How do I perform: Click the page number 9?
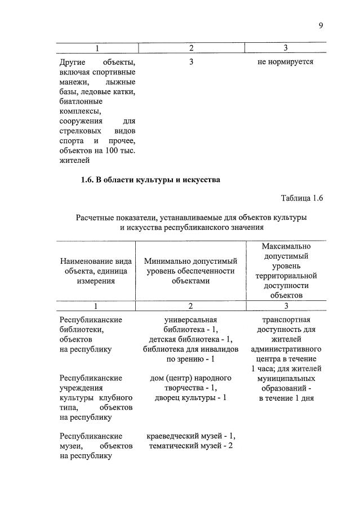[x=321, y=25]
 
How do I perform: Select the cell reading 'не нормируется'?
[x=285, y=61]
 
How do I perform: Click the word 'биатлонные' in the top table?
[x=80, y=101]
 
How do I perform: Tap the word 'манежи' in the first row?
[x=73, y=82]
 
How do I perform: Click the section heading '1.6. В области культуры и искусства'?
[x=150, y=180]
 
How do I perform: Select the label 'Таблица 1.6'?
[x=301, y=198]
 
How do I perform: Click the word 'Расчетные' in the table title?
[x=96, y=218]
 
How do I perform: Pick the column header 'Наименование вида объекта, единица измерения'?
[x=96, y=271]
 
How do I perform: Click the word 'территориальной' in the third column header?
[x=286, y=276]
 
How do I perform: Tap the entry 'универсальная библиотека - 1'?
[x=190, y=325]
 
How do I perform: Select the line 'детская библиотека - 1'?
[x=190, y=339]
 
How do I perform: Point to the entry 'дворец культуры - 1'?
[x=190, y=397]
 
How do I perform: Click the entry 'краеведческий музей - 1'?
[x=190, y=436]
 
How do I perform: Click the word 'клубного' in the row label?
[x=116, y=397]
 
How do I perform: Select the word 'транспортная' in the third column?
[x=286, y=320]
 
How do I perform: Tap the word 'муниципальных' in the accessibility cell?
[x=286, y=378]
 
